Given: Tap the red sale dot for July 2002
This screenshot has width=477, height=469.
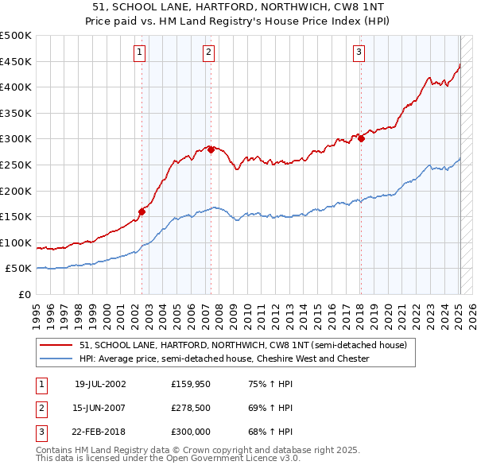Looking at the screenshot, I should click(142, 211).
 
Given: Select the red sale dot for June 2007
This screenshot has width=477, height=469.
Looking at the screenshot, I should click(211, 149).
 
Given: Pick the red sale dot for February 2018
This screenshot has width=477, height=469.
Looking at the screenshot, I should click(361, 138).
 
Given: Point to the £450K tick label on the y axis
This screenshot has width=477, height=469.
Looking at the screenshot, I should click(16, 61).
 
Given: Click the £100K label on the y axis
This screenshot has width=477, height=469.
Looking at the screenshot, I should click(16, 242).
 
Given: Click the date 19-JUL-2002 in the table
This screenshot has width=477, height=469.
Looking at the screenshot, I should click(100, 384).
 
